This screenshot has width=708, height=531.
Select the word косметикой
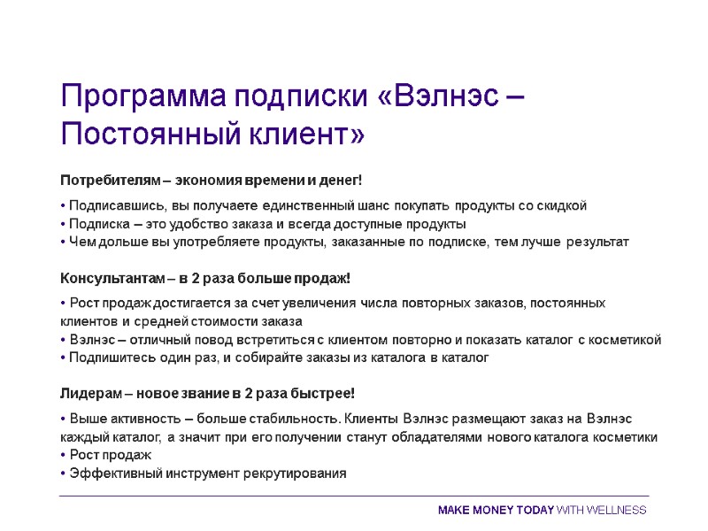(625, 340)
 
